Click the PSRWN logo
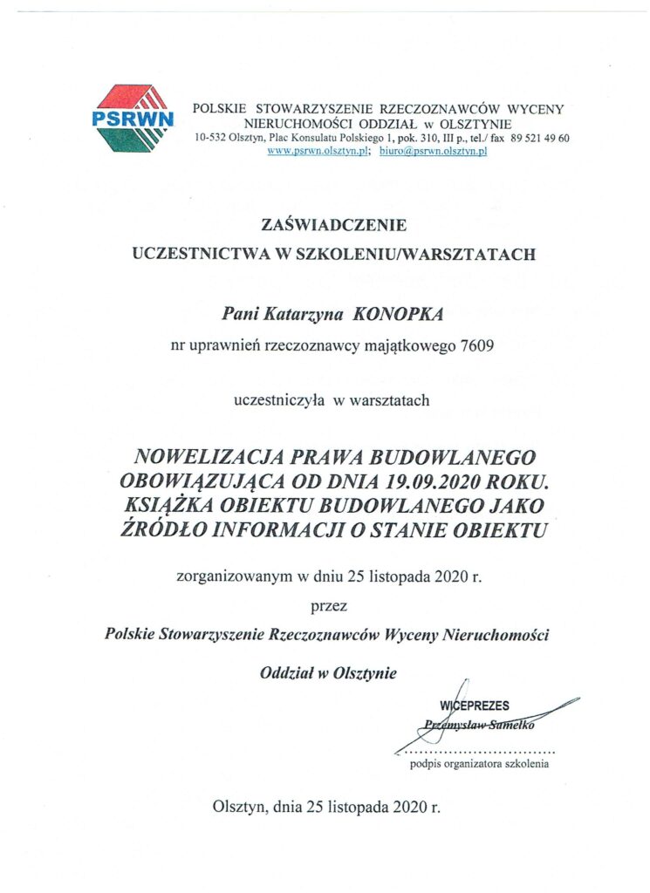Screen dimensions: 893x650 133,118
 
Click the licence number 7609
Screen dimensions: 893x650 476,346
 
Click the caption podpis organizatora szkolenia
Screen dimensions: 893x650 479,765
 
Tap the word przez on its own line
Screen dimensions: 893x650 328,606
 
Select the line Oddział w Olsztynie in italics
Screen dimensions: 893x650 327,672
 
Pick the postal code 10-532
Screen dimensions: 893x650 212,139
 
